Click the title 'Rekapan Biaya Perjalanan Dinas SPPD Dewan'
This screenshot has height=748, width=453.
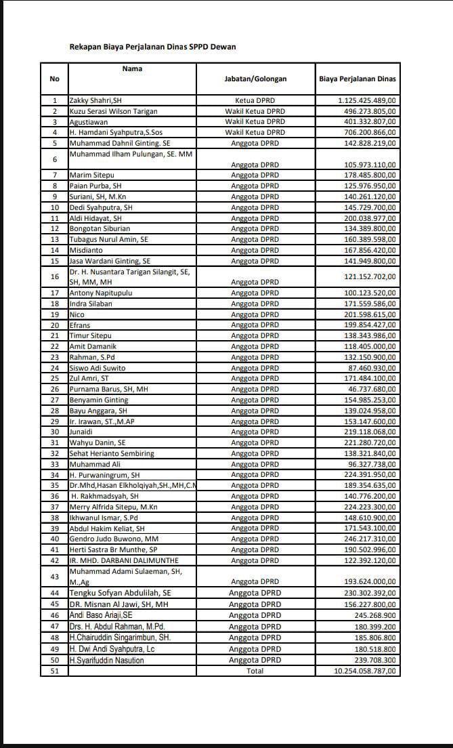[x=153, y=47]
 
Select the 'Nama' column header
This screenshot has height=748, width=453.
[x=132, y=68]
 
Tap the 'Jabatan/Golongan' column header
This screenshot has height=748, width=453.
[x=255, y=79]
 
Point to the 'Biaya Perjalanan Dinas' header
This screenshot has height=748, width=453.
[x=358, y=79]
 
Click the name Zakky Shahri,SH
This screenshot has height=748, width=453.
[x=95, y=100]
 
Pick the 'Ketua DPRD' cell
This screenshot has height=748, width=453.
[x=255, y=100]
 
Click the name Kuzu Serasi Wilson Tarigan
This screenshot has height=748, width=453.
[x=114, y=111]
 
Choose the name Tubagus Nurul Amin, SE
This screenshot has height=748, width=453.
[x=109, y=239]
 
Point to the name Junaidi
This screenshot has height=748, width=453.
[x=84, y=432]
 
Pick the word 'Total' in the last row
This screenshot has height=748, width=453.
[x=255, y=671]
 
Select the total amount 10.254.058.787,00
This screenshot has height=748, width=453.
[x=365, y=671]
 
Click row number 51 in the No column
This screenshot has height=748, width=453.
[x=55, y=671]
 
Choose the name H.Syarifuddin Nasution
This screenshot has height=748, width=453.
[x=107, y=661]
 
